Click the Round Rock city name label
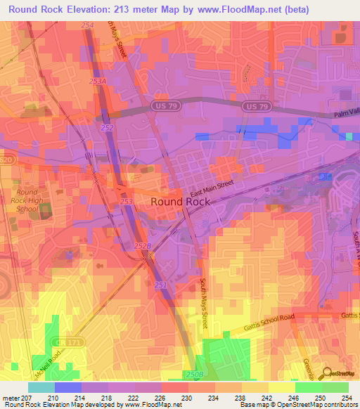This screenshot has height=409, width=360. coord(181,201)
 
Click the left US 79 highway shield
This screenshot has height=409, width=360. coord(159,105)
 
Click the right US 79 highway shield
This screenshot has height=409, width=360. coord(255,105)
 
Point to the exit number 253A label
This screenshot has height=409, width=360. coord(98,82)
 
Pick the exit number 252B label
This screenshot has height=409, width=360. coord(143,245)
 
